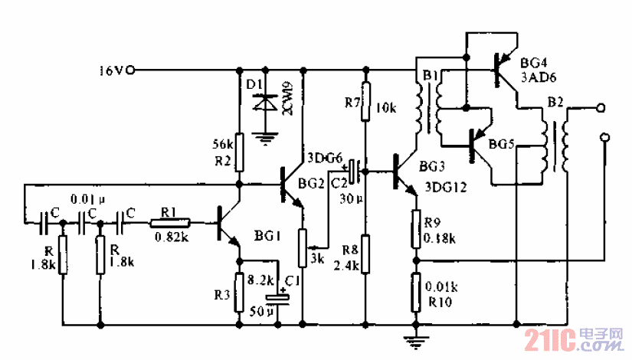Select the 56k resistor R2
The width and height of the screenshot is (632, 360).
(239, 152)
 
